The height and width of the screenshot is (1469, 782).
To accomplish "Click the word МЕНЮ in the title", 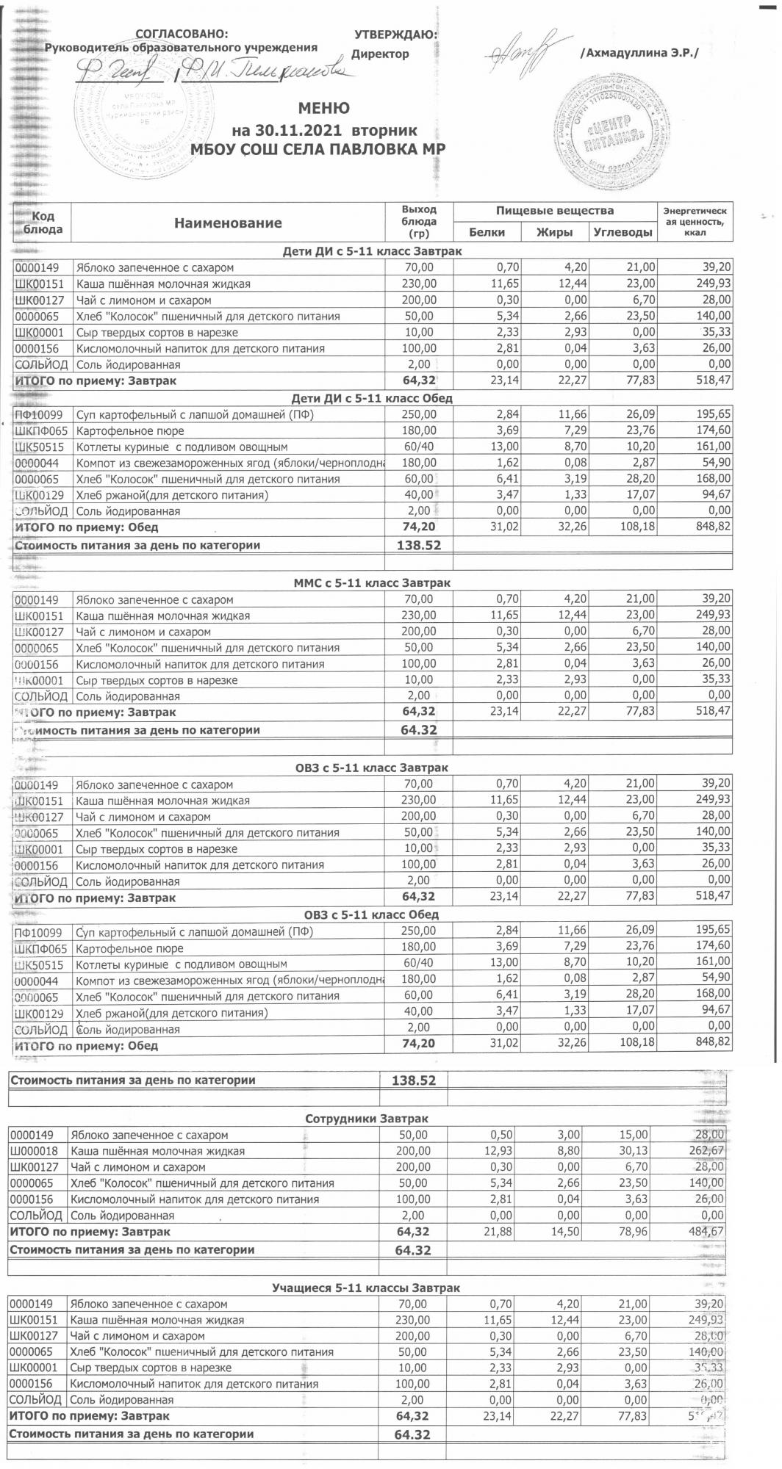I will click(323, 109).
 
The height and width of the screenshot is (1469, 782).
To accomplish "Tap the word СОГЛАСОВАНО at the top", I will click(182, 35).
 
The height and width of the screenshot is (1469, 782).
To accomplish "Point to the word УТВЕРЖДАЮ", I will click(395, 35).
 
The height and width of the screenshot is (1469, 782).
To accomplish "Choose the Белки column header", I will click(487, 232).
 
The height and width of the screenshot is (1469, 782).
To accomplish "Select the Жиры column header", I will click(555, 232).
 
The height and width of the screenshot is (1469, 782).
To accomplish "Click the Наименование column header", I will click(228, 223).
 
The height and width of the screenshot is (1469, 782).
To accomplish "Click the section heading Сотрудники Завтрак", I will click(366, 1119).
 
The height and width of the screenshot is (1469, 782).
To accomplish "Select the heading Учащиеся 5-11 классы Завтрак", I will click(366, 1288).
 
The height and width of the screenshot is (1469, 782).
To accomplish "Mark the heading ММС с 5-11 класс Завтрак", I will click(372, 582).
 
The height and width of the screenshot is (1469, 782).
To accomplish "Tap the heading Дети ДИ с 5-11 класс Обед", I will click(372, 398).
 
